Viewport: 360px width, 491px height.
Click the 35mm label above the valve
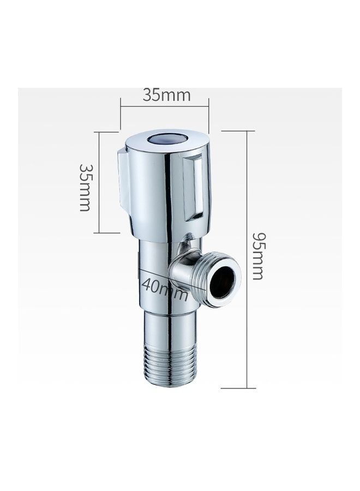click(x=166, y=95)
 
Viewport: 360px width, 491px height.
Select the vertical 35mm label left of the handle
click(x=85, y=187)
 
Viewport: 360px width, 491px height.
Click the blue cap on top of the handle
click(x=167, y=139)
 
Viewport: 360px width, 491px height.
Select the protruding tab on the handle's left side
click(x=123, y=180)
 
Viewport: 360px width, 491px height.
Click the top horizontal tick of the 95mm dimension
click(x=238, y=131)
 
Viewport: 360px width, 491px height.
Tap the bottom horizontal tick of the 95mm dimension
click(x=238, y=388)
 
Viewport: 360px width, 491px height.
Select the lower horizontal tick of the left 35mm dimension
click(x=107, y=233)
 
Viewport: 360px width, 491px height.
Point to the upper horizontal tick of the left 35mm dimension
click(x=107, y=131)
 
